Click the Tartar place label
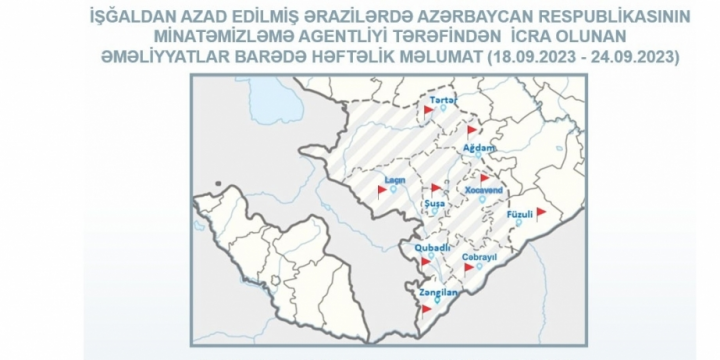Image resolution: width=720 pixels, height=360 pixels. click(441, 101)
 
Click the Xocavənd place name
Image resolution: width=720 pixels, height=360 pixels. click(483, 188)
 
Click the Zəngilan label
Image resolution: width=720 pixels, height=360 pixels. click(440, 293)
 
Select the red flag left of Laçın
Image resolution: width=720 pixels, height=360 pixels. click(382, 188)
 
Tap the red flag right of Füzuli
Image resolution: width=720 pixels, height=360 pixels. click(541, 212)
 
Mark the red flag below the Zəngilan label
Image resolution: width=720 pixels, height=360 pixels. click(428, 309)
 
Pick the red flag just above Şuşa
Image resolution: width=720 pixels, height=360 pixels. click(435, 188)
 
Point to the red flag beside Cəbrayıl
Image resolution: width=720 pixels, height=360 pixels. click(468, 267)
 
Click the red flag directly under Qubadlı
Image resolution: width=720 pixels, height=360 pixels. click(428, 262)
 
